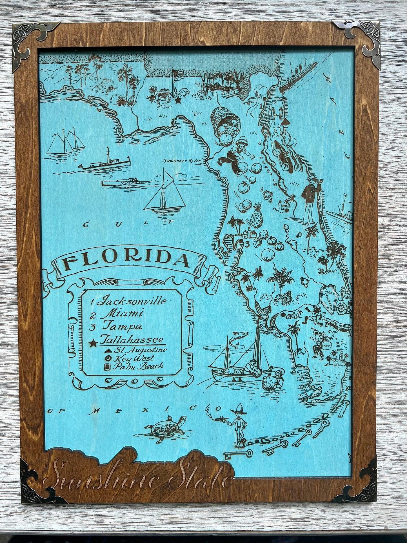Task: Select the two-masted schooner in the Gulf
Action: [x=66, y=142]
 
